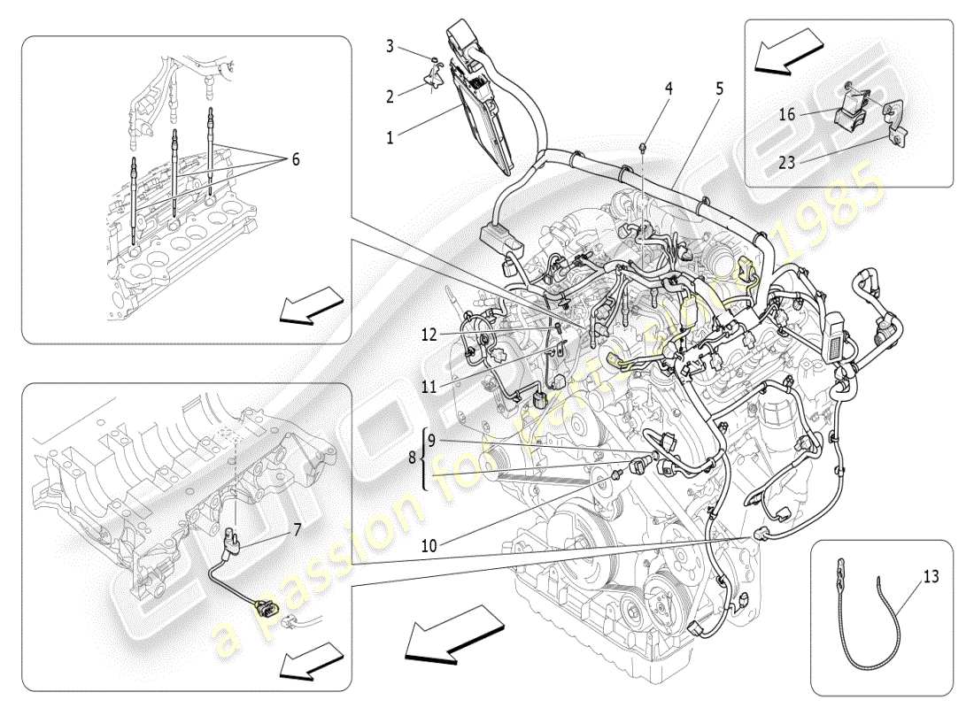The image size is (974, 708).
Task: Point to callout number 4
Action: (669, 88)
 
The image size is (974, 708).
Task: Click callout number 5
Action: (719, 88)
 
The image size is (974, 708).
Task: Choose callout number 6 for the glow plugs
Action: (295, 159)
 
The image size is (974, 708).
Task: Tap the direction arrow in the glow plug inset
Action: (310, 306)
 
